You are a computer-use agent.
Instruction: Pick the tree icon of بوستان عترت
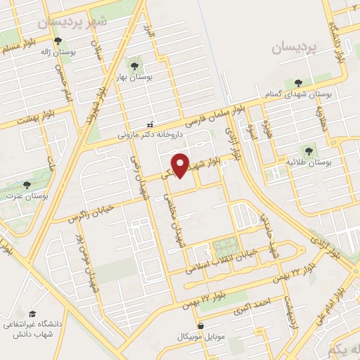point(26,185)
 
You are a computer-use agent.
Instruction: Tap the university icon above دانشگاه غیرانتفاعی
point(32,314)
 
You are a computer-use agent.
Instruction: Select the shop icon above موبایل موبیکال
point(202,326)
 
